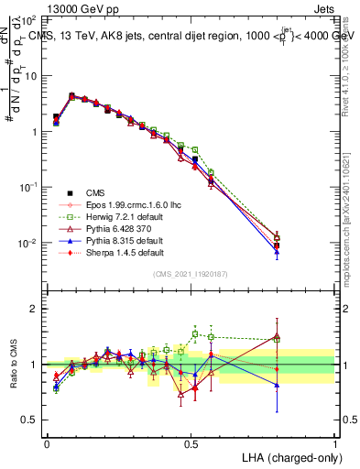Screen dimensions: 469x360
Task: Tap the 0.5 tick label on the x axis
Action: (191, 442)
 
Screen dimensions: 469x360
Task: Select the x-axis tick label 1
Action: (335, 442)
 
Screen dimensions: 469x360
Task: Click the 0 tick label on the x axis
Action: (47, 442)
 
